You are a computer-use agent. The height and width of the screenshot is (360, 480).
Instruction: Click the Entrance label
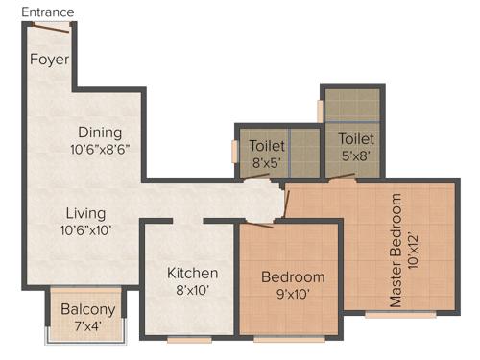pyautogui.click(x=47, y=12)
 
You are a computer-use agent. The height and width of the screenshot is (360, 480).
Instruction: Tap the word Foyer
pyautogui.click(x=50, y=59)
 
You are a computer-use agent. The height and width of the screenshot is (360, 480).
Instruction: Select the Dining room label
pyautogui.click(x=100, y=132)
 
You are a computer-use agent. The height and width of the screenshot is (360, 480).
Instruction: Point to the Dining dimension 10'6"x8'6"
pyautogui.click(x=100, y=150)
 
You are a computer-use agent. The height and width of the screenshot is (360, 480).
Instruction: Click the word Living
pyautogui.click(x=85, y=213)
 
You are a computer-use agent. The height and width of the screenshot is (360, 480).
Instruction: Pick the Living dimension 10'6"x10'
pyautogui.click(x=85, y=230)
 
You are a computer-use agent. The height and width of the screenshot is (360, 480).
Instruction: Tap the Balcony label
pyautogui.click(x=88, y=310)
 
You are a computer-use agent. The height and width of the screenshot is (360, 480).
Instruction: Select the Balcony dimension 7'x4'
pyautogui.click(x=88, y=326)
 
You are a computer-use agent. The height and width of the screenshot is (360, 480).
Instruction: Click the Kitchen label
pyautogui.click(x=193, y=274)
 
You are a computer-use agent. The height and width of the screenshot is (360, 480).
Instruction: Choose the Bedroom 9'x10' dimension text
pyautogui.click(x=293, y=295)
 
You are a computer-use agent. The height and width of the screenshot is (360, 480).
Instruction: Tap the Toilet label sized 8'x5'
pyautogui.click(x=267, y=146)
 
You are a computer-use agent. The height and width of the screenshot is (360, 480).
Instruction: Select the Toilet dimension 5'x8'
pyautogui.click(x=355, y=155)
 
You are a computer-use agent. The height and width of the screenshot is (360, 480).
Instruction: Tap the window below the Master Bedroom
pyautogui.click(x=400, y=315)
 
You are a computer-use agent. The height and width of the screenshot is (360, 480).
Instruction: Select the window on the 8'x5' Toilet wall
pyautogui.click(x=234, y=152)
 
